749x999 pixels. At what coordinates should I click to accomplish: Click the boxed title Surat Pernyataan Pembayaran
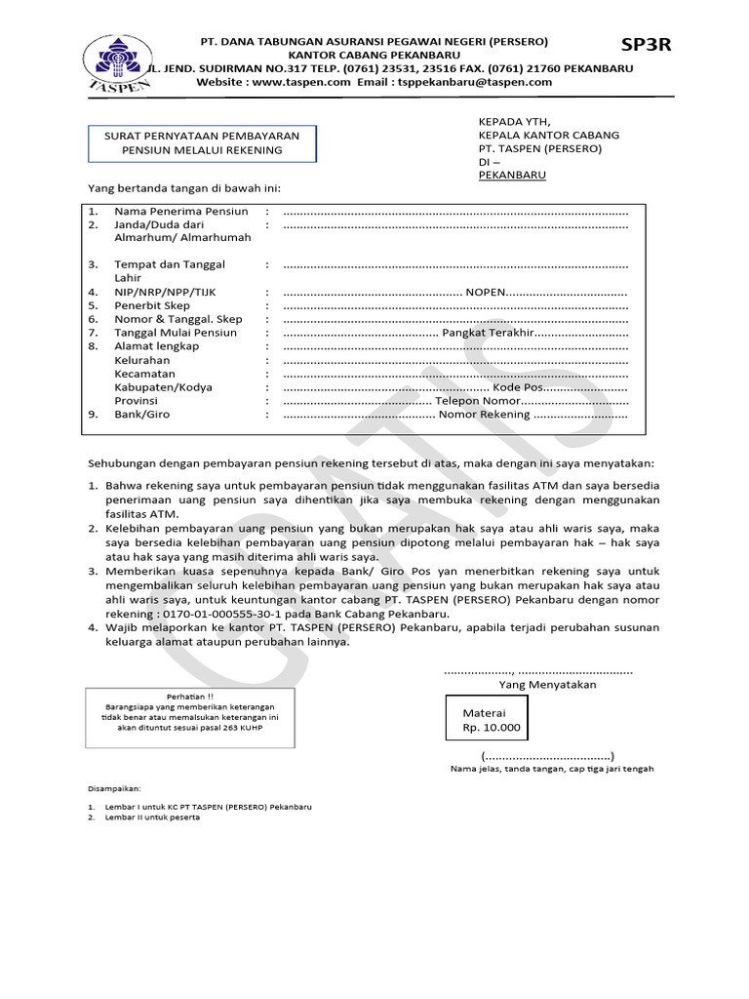coord(202,142)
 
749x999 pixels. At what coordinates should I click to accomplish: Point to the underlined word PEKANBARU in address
coord(512,175)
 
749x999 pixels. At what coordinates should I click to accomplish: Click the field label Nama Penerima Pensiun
coord(181,211)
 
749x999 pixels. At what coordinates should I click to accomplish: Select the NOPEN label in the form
coord(485,292)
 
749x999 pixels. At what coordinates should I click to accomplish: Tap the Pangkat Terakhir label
coord(487,333)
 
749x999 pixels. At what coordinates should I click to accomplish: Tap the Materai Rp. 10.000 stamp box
coord(492,721)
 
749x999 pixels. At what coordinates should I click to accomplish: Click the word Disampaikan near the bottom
coord(115,787)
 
